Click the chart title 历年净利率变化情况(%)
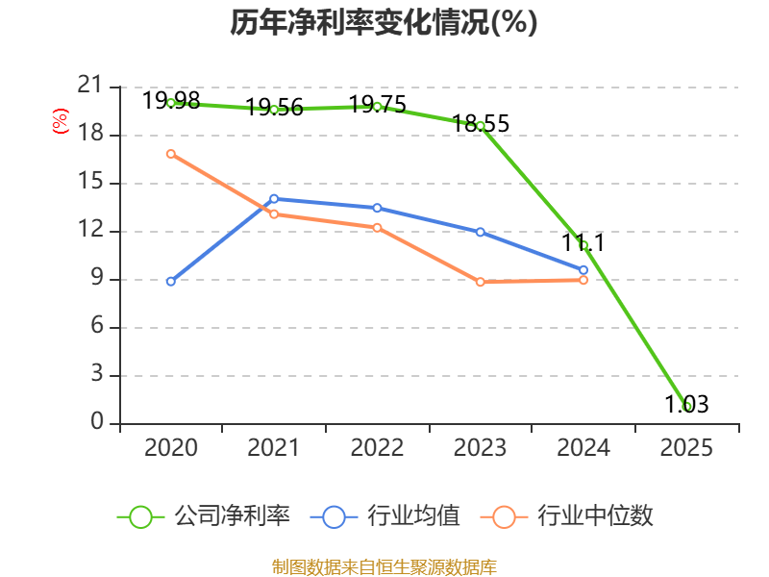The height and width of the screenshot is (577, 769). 384,22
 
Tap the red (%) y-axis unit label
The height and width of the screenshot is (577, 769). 61,121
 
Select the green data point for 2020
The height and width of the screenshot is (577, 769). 171,103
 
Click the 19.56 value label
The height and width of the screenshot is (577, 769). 274,107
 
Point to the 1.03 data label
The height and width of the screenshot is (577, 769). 686,404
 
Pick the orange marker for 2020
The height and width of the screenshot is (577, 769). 171,154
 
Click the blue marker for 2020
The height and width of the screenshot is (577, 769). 171,281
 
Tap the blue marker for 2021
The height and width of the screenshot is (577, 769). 274,199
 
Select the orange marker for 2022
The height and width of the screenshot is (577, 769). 377,228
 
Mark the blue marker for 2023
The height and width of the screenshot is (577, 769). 480,232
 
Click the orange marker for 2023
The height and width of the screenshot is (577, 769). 480,282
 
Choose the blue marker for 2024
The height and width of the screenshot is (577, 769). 583,270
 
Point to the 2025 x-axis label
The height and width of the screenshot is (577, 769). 686,447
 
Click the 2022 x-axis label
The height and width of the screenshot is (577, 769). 377,447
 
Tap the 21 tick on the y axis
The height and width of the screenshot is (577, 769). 89,85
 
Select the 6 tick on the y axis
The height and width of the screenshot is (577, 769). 97,325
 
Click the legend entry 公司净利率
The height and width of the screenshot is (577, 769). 204,516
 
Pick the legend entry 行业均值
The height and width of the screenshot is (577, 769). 385,516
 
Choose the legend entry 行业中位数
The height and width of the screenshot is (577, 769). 567,516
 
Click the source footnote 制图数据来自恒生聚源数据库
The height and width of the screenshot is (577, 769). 384,566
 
